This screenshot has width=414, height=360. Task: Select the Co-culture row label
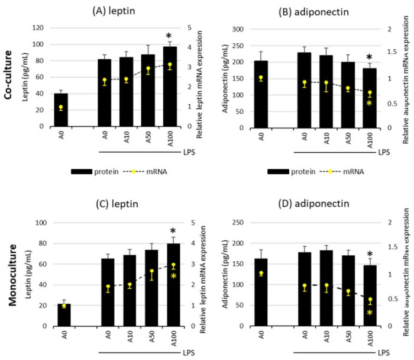pos(10,76)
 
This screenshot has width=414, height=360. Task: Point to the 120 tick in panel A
pos(41,28)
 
